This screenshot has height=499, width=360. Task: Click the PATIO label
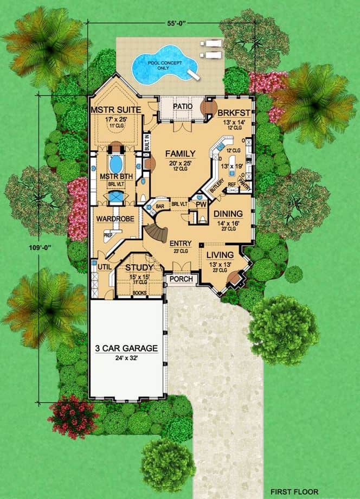(183, 107)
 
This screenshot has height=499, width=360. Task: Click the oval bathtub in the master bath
(115, 163)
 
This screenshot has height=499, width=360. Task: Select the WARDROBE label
(111, 219)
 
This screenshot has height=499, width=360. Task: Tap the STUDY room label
(139, 267)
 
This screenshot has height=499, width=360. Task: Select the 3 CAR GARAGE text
(126, 348)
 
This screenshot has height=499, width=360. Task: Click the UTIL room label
(104, 267)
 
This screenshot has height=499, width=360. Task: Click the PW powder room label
(201, 205)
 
